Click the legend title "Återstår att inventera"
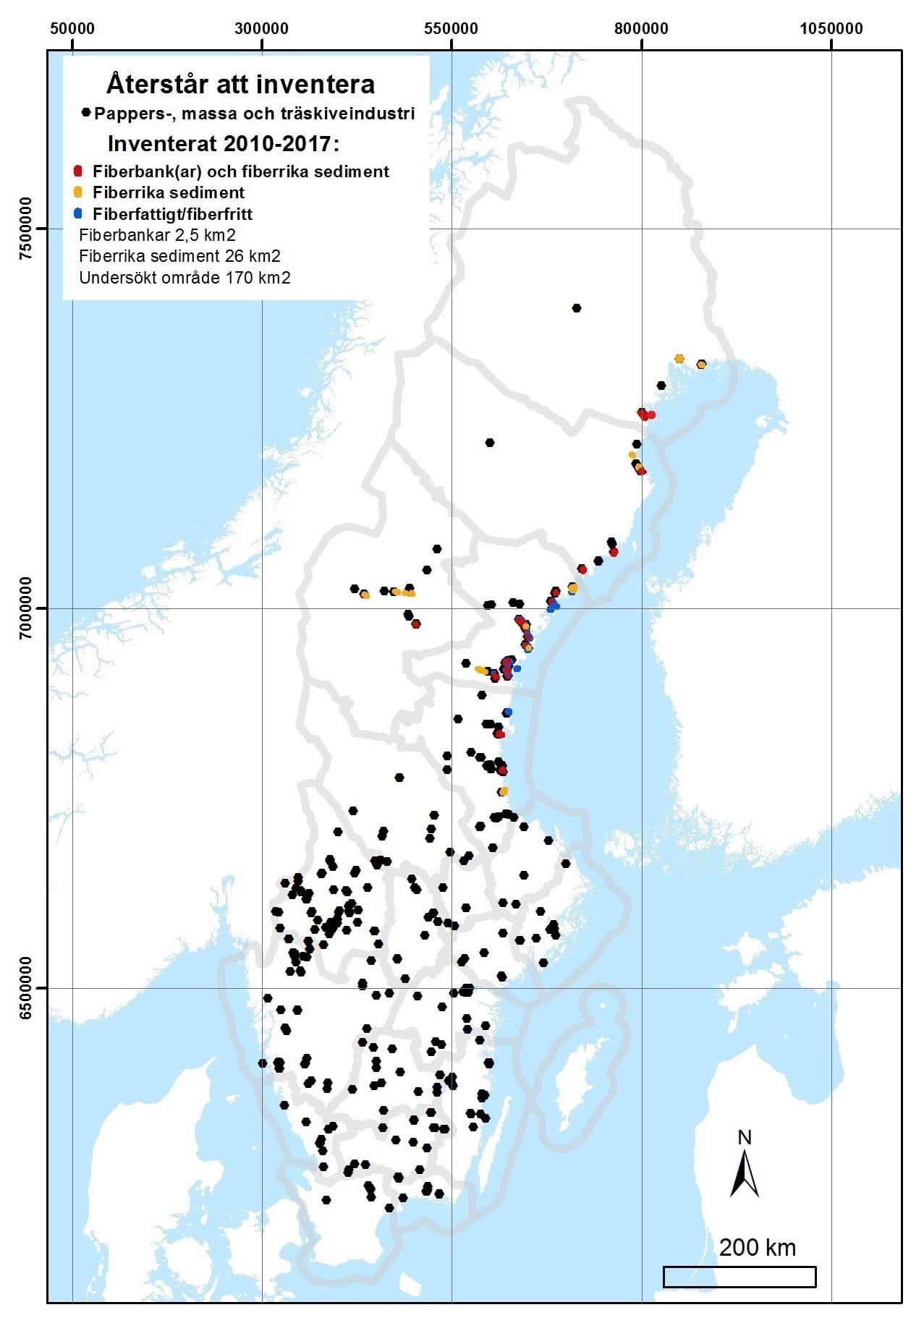coord(240,85)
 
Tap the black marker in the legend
coord(87,113)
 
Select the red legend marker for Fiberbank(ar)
coord(78,171)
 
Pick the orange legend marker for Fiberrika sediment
coord(78,192)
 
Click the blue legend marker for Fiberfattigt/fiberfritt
coord(78,214)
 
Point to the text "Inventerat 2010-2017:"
coord(223,144)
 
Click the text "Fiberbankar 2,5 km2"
coord(157,235)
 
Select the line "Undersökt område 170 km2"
coord(185,278)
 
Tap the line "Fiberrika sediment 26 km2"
coord(179,256)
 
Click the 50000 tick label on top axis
coord(72,29)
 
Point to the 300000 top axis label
coord(262,29)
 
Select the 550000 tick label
coord(452,29)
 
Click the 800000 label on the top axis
coord(641,29)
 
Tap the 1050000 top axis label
coord(831,29)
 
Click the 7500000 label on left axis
coord(27,229)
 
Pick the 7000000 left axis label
coord(27,608)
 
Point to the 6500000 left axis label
coord(27,988)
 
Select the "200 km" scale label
coord(757,1247)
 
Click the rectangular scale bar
coord(739,1277)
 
